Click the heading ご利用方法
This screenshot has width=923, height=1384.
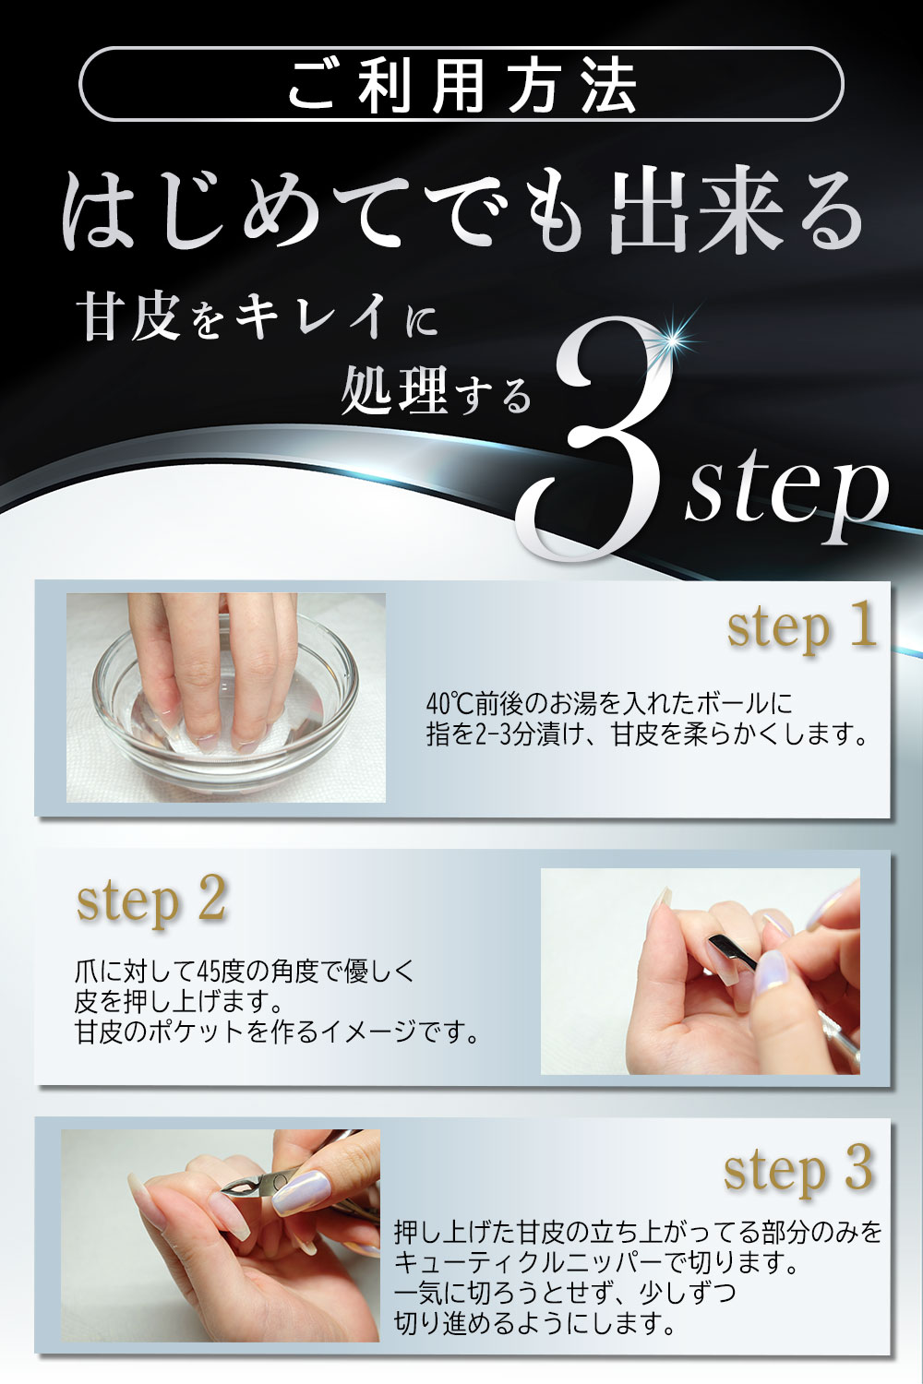(461, 86)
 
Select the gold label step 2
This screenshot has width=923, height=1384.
(151, 900)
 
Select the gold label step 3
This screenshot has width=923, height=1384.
(797, 1170)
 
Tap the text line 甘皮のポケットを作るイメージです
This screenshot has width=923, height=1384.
(278, 1031)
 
